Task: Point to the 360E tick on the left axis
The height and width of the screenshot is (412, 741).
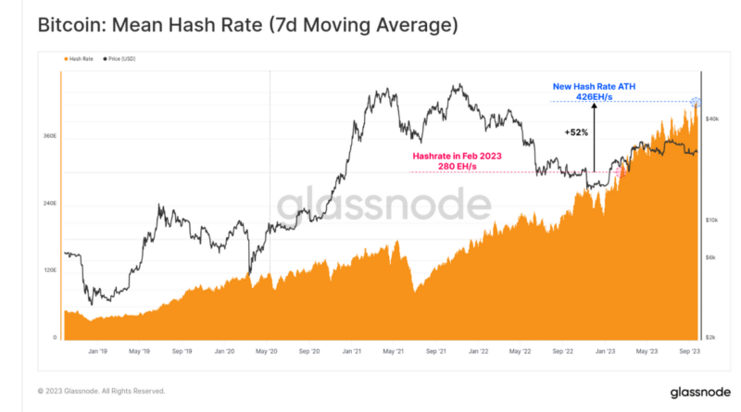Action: click(x=51, y=136)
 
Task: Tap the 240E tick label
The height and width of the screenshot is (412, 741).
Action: click(x=51, y=204)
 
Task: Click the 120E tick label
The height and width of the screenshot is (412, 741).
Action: click(x=51, y=270)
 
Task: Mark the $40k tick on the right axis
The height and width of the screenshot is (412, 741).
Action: click(x=712, y=119)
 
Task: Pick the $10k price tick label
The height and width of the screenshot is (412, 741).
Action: click(x=712, y=220)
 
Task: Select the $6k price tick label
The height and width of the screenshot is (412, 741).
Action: click(x=712, y=258)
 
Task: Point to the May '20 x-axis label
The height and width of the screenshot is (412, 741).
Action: click(x=267, y=352)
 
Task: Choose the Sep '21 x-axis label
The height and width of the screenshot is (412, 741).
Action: click(x=436, y=352)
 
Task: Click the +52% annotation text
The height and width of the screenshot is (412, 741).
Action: click(x=577, y=132)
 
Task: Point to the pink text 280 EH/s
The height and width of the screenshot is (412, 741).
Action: click(x=456, y=167)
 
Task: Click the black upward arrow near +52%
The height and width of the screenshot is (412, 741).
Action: click(x=594, y=139)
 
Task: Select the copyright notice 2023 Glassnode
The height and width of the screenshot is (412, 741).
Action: click(x=101, y=391)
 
